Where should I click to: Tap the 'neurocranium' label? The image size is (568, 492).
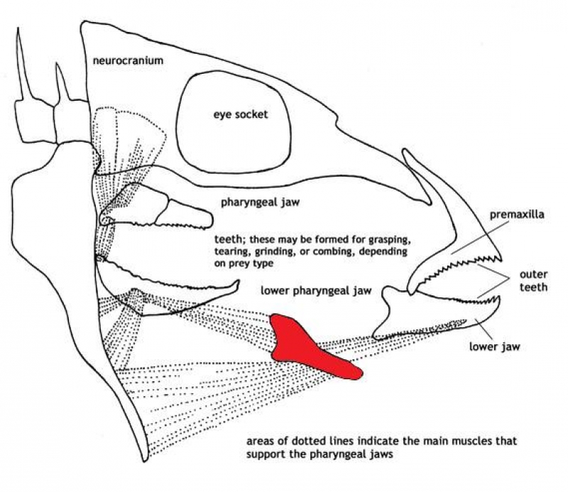coord(129,61)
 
